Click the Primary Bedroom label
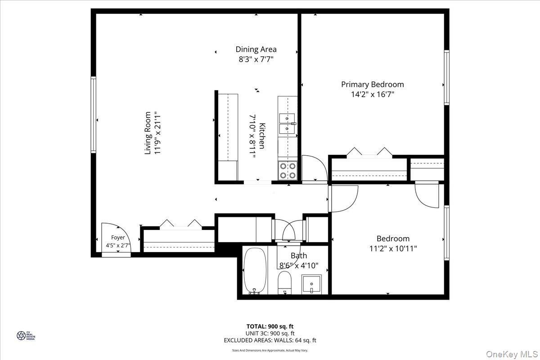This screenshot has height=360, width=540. pyautogui.click(x=372, y=84)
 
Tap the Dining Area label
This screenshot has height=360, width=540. pyautogui.click(x=256, y=49)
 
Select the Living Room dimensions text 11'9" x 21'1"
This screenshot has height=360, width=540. pyautogui.click(x=157, y=133)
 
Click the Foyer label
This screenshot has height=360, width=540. pyautogui.click(x=118, y=238)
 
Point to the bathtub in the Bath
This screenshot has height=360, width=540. pyautogui.click(x=255, y=270)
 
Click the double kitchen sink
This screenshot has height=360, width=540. pyautogui.click(x=287, y=124)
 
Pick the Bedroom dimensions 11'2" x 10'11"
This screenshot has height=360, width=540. pyautogui.click(x=393, y=248)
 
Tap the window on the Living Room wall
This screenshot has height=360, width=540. pyautogui.click(x=94, y=115)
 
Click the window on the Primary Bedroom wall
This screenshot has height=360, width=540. pyautogui.click(x=446, y=77)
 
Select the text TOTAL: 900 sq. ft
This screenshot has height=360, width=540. pyautogui.click(x=270, y=326)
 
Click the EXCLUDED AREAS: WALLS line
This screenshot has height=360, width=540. pyautogui.click(x=270, y=341)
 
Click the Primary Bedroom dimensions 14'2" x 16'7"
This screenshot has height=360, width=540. pyautogui.click(x=372, y=94)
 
